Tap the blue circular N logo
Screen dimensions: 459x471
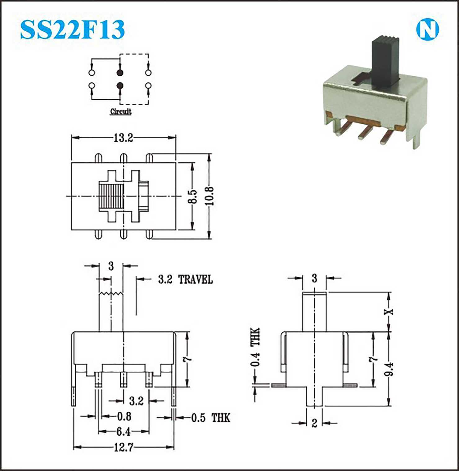click(427, 30)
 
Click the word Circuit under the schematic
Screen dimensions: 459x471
click(121, 111)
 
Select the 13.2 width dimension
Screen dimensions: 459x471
click(124, 138)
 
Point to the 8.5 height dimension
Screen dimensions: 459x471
click(193, 197)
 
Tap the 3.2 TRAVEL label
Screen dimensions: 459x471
click(186, 279)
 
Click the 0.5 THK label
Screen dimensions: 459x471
click(211, 418)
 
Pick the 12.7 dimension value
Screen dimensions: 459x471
click(124, 447)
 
